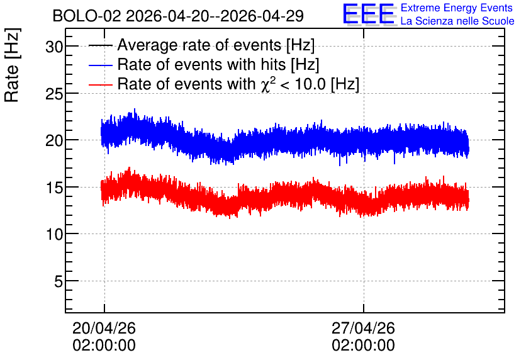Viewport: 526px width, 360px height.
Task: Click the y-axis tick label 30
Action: (54, 47)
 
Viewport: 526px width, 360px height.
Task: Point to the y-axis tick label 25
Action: (54, 94)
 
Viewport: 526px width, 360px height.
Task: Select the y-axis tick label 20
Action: (54, 140)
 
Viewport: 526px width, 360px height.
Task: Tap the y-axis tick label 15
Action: (54, 188)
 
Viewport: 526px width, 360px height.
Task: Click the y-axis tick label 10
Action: (54, 234)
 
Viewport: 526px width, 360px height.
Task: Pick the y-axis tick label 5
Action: (59, 281)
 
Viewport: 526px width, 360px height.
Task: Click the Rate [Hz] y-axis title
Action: (12, 65)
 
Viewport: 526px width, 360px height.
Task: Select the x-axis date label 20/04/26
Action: (104, 328)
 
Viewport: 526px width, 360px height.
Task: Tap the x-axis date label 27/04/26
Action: (363, 328)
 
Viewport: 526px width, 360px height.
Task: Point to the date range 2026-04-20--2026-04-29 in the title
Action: (215, 16)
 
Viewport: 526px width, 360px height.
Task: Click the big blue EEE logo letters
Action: (369, 14)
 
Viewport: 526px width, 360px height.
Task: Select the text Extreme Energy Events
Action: (457, 8)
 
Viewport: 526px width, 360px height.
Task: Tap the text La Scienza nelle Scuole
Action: (457, 21)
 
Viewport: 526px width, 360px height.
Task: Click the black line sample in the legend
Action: (101, 45)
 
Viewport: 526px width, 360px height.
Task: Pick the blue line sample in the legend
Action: (101, 65)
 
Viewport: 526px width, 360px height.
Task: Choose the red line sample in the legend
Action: (101, 84)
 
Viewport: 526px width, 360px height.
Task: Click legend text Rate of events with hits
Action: (201, 64)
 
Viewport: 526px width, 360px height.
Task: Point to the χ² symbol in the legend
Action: (269, 84)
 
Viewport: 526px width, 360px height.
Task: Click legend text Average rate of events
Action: (199, 45)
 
